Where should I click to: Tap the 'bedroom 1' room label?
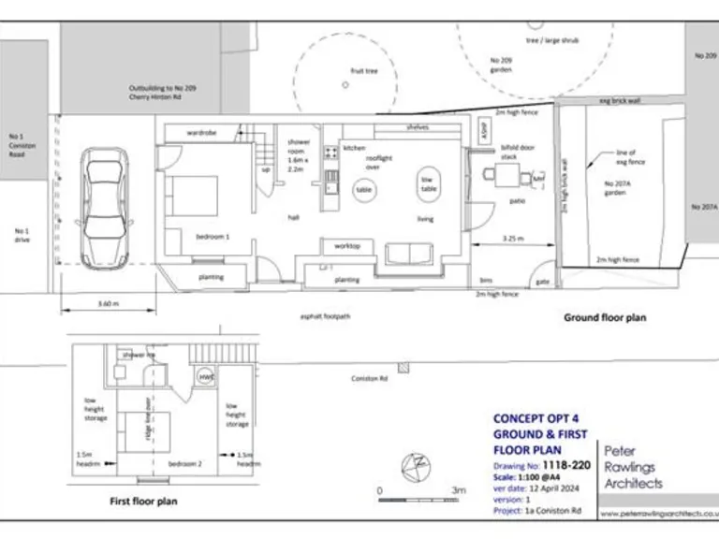point(213,237)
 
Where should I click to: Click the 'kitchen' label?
point(353,149)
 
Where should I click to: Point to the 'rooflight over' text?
point(378,163)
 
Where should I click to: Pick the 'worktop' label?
point(347,246)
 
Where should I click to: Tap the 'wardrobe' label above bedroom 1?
point(201,134)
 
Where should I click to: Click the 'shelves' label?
point(418,127)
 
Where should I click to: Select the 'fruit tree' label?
point(363,71)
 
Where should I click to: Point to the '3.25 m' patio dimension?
point(512,240)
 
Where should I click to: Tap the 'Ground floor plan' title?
point(604,318)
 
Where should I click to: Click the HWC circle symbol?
point(206,376)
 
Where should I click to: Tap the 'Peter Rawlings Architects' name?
point(633,467)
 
